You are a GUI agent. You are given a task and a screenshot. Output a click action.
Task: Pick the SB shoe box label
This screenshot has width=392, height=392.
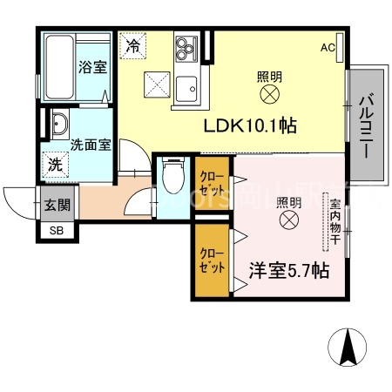(56, 231)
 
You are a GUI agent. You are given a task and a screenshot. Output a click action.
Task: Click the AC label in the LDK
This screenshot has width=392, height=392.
(328, 47)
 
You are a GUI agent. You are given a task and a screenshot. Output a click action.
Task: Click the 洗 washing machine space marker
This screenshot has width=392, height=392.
(55, 163)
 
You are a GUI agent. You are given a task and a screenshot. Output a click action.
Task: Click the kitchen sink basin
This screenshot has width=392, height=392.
(186, 87)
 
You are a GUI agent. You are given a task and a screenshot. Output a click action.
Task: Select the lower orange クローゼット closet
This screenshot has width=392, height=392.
(211, 260)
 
